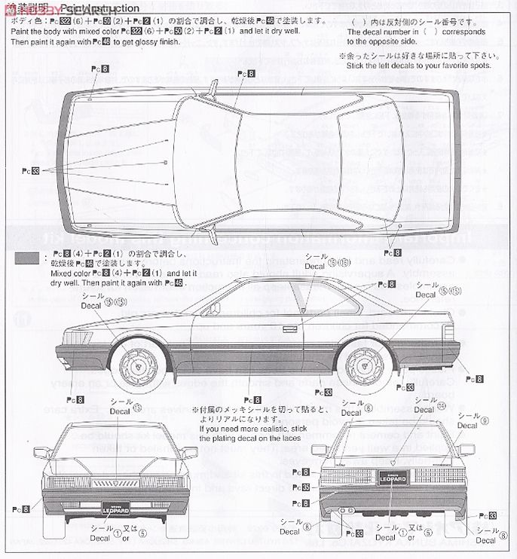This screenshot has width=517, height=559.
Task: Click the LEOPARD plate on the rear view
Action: pyautogui.click(x=387, y=476)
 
